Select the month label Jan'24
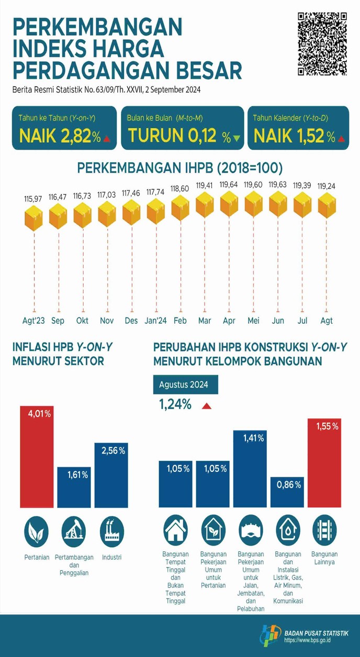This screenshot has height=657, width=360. point(155,321)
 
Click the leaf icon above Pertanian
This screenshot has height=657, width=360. point(37,531)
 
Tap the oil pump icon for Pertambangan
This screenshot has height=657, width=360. point(74,531)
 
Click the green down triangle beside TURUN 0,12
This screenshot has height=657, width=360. point(237,139)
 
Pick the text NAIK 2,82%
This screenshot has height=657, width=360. point(60,137)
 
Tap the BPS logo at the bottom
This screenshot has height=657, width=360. point(270,635)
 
